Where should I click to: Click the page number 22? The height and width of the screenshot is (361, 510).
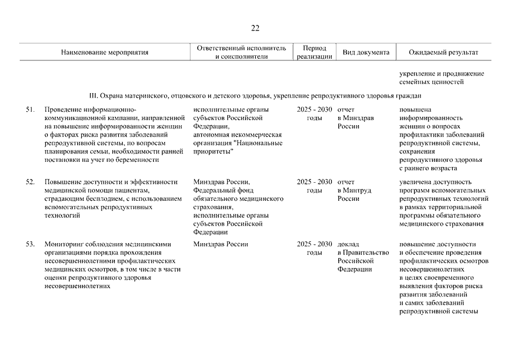[x=255, y=28]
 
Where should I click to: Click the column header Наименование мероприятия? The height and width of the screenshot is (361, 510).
[x=104, y=52]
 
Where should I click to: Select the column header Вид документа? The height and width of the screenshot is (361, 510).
[x=366, y=52]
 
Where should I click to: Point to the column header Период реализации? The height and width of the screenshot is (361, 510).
[x=314, y=52]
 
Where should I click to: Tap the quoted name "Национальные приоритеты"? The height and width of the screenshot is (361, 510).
[x=237, y=147]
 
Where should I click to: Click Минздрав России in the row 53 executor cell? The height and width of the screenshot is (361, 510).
[x=220, y=244]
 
